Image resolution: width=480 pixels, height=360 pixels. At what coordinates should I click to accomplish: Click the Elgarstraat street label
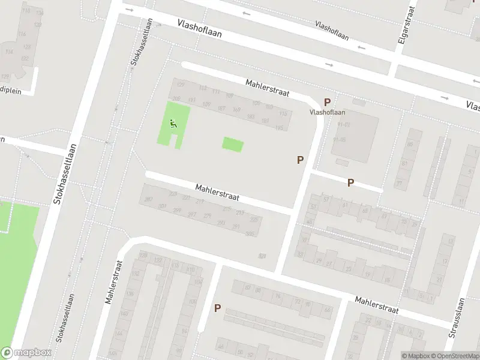pos(402,29)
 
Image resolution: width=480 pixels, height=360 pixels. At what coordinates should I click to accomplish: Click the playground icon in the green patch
pos(173,124)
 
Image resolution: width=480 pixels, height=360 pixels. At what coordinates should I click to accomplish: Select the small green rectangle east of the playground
pos(233,144)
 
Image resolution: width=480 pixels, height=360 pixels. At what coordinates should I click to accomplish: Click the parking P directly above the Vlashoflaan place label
pos(328,102)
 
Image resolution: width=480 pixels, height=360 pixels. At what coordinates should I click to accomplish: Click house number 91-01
pos(343,125)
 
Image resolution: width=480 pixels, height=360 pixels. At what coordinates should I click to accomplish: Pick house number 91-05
pos(340,139)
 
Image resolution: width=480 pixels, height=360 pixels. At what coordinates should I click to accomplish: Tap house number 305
pos(250,233)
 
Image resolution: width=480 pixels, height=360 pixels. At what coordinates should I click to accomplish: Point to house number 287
pos(148,199)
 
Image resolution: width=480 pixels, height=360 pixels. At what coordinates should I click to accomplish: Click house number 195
pos(278,127)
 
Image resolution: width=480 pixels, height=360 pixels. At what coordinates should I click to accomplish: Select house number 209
pos(176,99)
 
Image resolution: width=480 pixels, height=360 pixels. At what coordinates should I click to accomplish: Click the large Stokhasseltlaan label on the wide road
pos(66,174)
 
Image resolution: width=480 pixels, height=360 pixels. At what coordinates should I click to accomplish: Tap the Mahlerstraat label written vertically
pos(113,282)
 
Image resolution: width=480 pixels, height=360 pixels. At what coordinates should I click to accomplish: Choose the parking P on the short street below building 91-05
pos(350,182)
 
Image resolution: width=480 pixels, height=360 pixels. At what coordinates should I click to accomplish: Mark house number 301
pos(162,206)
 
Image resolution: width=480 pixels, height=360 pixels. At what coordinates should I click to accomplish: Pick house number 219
pos(200,202)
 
